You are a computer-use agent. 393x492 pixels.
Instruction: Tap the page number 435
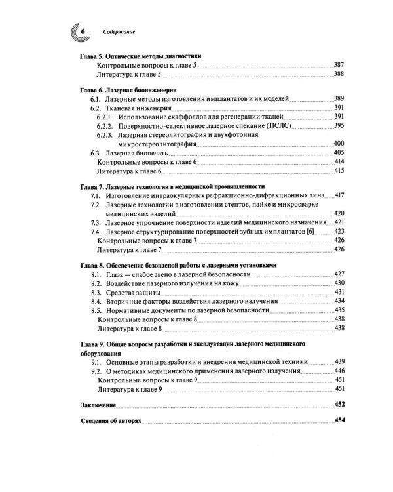tap(339, 310)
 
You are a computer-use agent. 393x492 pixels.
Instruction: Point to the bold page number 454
tap(339, 420)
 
